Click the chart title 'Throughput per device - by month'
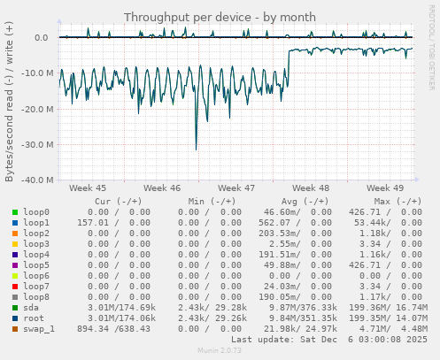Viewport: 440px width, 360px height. click(219, 17)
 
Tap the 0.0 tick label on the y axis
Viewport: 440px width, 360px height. click(41, 38)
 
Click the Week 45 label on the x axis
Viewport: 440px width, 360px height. click(87, 188)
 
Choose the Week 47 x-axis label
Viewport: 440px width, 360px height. click(236, 188)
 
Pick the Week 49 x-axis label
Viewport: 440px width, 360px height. click(385, 188)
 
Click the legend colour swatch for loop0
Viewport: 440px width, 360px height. click(15, 212)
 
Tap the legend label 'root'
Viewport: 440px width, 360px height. click(34, 318)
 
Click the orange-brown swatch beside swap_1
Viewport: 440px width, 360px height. click(15, 329)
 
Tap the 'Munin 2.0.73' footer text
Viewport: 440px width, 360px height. click(219, 351)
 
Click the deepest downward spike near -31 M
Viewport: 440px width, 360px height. click(196, 149)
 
